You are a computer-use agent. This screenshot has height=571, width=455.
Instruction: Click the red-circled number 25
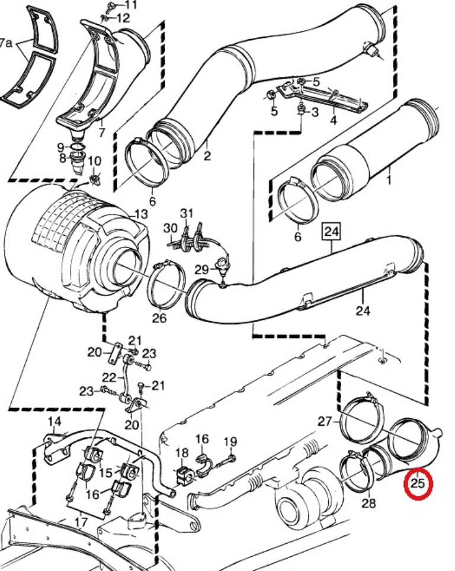point(418,483)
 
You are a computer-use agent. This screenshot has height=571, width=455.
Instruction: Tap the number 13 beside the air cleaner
point(141,214)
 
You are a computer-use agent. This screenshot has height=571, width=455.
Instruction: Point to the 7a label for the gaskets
point(7,43)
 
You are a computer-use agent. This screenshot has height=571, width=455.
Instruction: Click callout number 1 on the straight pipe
point(390,177)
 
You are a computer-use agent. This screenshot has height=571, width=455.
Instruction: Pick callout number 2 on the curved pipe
point(207,156)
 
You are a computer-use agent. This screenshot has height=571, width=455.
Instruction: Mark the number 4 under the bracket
point(333,121)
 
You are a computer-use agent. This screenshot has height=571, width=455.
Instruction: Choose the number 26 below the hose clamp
point(159,319)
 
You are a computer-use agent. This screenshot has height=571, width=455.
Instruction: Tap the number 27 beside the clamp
point(324,422)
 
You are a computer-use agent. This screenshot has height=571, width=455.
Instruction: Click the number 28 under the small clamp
point(369,503)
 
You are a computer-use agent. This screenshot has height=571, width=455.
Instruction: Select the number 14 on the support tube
point(55,422)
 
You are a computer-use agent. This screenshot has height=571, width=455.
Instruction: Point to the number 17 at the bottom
point(82,522)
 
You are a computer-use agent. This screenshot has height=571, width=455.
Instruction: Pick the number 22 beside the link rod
point(109,377)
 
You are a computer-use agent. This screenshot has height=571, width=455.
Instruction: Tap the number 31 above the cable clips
point(187,213)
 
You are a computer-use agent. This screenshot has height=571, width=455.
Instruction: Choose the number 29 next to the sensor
point(201,270)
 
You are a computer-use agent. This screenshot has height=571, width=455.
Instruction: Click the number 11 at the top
point(130,5)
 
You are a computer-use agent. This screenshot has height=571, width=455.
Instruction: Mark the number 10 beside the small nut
point(95,161)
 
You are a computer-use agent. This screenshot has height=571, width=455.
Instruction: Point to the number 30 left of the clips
point(170,228)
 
